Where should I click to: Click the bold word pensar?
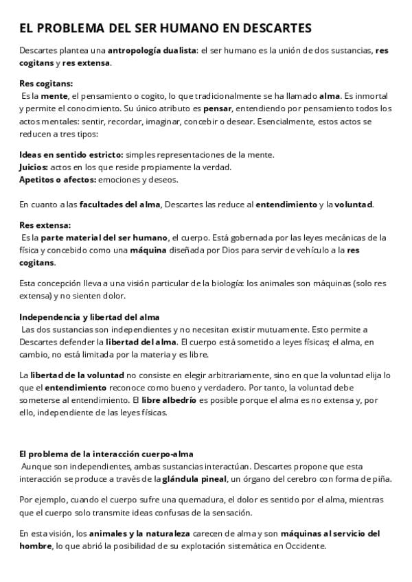point(216,108)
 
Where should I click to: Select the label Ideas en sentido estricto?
point(71,155)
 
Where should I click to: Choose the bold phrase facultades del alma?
point(120,204)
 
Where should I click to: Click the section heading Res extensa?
point(45,225)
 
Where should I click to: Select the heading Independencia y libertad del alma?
point(89,317)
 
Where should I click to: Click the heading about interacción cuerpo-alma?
point(106,454)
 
